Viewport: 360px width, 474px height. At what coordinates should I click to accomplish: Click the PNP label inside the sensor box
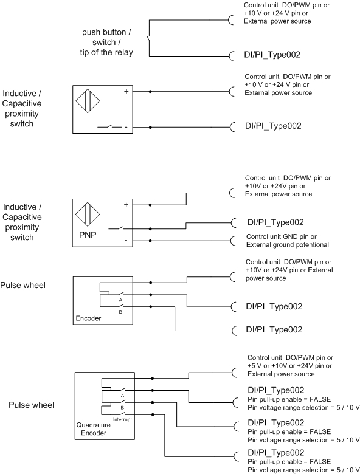[88, 235]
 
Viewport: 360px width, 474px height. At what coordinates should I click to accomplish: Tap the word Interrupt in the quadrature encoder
[122, 419]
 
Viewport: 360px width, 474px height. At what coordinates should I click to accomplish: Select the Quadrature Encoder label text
[94, 429]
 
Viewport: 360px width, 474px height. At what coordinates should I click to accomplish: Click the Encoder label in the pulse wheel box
[88, 318]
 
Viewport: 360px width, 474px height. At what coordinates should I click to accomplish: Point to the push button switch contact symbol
[148, 39]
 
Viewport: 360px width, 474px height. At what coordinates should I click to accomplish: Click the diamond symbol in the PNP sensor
[88, 215]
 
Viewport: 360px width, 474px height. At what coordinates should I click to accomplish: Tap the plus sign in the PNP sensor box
[126, 205]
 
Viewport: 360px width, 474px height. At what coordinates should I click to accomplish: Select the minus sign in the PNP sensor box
[126, 241]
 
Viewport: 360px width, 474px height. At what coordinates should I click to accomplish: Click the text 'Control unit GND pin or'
[282, 237]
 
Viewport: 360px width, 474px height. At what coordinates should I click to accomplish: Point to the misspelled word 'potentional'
[313, 244]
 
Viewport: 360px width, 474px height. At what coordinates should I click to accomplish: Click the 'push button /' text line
[106, 32]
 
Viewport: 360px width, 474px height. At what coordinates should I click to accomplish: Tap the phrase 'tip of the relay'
[106, 53]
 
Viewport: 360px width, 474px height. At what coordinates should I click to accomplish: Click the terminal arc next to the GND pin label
[232, 241]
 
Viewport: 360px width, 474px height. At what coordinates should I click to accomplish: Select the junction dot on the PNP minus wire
[150, 241]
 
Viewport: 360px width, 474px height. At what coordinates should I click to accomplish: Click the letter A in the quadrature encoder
[122, 396]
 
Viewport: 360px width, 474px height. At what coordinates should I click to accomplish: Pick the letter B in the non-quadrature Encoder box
[120, 312]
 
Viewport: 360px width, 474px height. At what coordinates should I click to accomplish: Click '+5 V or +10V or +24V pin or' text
[289, 366]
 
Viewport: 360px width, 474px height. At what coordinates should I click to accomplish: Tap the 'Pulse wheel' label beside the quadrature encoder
[32, 405]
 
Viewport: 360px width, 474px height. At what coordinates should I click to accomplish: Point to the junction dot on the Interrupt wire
[153, 414]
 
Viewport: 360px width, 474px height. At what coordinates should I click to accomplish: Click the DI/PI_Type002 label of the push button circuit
[272, 55]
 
